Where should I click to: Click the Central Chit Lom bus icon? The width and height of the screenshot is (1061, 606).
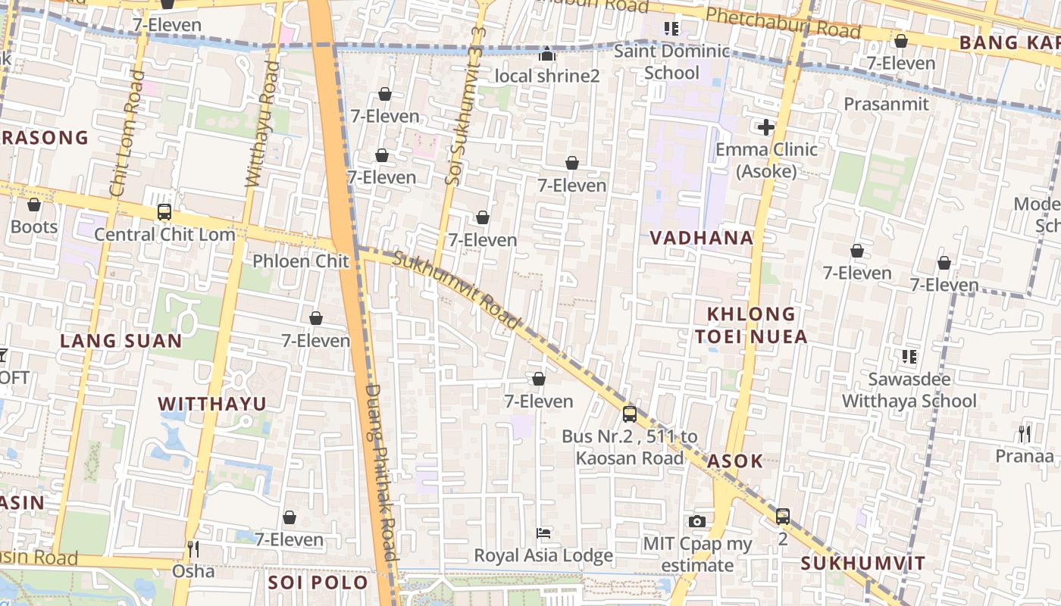(x=164, y=212)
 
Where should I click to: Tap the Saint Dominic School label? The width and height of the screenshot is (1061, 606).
(x=671, y=62)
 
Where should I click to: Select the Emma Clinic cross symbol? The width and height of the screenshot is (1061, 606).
(x=766, y=127)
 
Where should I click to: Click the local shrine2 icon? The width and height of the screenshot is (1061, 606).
(x=546, y=55)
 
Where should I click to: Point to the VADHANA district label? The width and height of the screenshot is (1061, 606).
(x=702, y=238)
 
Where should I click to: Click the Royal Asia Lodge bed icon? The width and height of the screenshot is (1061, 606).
(x=543, y=533)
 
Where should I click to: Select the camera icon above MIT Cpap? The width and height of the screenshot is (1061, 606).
(x=697, y=521)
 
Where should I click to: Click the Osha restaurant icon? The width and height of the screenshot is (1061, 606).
(x=193, y=548)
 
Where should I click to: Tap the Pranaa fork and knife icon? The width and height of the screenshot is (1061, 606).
(x=1025, y=433)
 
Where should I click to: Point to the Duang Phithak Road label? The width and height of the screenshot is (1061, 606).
(x=381, y=471)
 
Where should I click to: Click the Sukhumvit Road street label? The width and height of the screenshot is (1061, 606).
(x=458, y=291)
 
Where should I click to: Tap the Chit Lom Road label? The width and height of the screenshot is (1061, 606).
(x=126, y=133)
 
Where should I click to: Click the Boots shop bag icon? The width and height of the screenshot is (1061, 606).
(x=34, y=205)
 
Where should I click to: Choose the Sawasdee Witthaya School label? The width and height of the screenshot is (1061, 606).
(x=909, y=389)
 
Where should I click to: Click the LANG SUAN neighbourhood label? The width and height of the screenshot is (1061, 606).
(x=121, y=341)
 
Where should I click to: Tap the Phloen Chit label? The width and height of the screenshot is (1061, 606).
(x=301, y=261)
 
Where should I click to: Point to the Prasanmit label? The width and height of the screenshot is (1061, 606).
(x=886, y=104)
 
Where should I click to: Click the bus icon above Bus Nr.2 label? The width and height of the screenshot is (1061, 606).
(x=630, y=414)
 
